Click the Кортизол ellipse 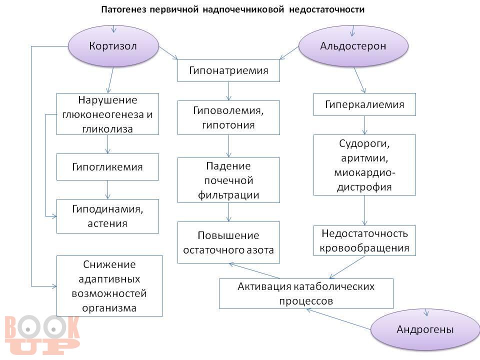(113, 46)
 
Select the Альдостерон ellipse (353, 46)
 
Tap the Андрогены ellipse (424, 329)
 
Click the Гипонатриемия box (228, 70)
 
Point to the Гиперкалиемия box (364, 104)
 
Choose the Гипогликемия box (107, 167)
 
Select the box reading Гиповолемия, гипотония (228, 117)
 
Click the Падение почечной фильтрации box (228, 180)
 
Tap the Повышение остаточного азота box (228, 242)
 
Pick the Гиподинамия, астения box (107, 216)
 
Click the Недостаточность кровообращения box (364, 240)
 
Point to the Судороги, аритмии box (364, 165)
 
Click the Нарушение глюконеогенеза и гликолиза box (107, 114)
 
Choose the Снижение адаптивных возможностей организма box (109, 285)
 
